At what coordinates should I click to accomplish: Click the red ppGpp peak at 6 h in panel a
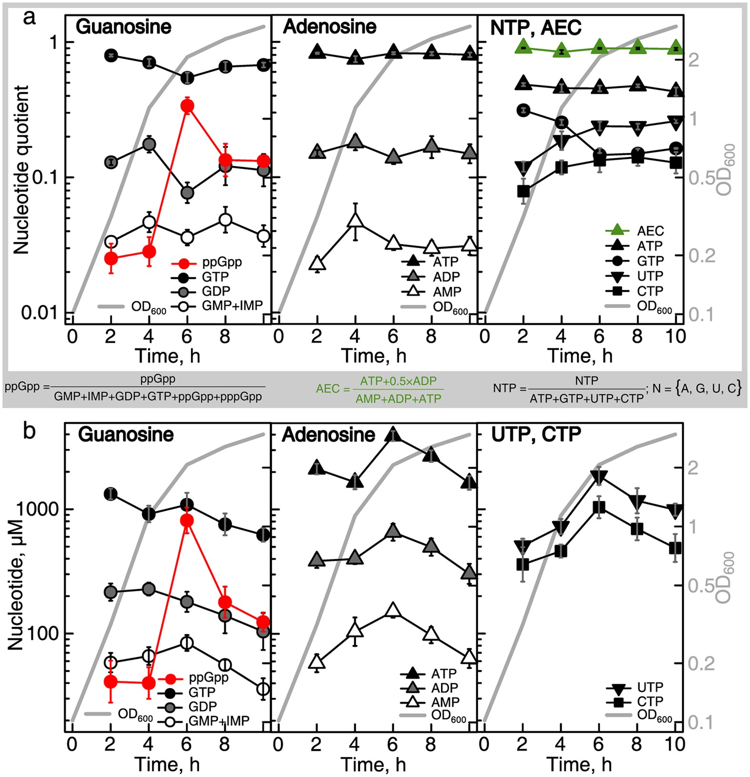[187, 106]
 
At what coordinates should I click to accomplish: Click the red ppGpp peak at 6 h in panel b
[187, 520]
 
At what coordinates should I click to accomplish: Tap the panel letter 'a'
[30, 19]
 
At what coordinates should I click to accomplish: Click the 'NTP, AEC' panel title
[536, 28]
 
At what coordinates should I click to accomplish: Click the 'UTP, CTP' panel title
[536, 435]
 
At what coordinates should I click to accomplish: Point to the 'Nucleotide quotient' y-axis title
[21, 170]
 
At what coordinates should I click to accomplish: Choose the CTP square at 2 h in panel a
[523, 191]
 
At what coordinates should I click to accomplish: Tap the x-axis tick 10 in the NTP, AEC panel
[675, 337]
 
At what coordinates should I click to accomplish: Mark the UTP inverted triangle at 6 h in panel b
[599, 477]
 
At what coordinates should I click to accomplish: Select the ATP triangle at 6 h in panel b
[393, 434]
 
